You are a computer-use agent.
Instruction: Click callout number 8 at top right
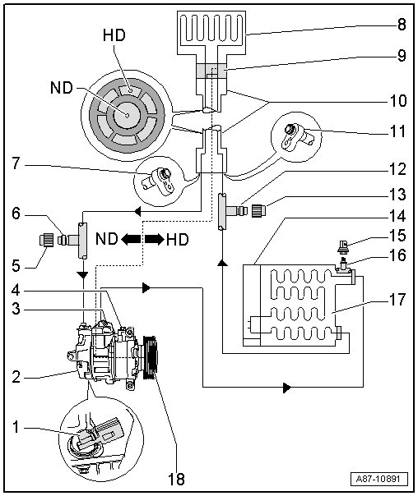tap(402, 24)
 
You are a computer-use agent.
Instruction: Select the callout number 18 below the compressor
tap(175, 479)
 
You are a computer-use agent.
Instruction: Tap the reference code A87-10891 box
tap(379, 479)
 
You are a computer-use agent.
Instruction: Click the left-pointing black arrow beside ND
tap(131, 239)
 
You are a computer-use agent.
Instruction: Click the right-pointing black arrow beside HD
tap(155, 239)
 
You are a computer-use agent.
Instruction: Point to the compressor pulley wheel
tap(151, 357)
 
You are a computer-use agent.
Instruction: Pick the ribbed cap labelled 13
tap(259, 210)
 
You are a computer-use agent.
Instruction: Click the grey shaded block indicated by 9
tap(211, 71)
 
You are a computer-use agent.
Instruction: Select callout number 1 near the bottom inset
tap(16, 427)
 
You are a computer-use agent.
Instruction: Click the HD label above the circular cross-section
tap(114, 35)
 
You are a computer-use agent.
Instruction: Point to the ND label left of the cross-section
tap(62, 88)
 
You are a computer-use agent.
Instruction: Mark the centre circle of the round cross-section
tap(126, 115)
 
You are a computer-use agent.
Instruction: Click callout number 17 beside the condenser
tap(397, 299)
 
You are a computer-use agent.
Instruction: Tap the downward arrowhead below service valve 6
tap(83, 274)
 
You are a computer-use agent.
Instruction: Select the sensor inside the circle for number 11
tap(295, 138)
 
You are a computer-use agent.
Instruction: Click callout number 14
tap(397, 216)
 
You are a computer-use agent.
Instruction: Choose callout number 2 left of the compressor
tap(16, 377)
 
